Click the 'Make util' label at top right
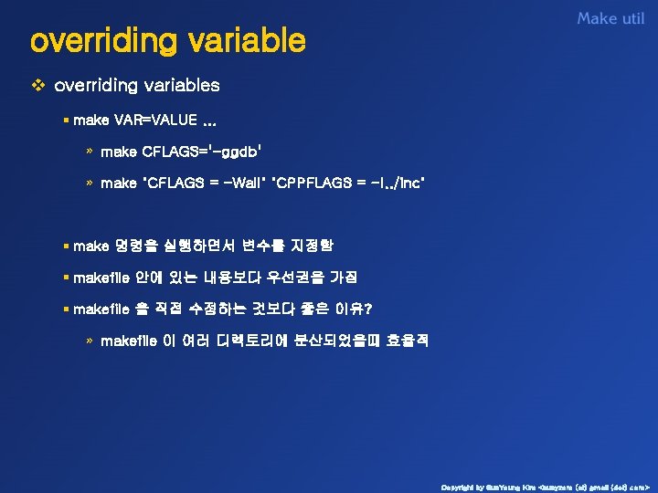pos(610,18)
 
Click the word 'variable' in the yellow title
pos(246,41)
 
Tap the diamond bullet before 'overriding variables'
pos(37,86)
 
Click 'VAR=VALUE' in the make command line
pos(154,121)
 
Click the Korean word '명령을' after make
pos(136,246)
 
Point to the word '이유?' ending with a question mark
pos(336,309)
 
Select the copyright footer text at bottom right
pos(545,487)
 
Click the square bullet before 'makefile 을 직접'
pos(67,309)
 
